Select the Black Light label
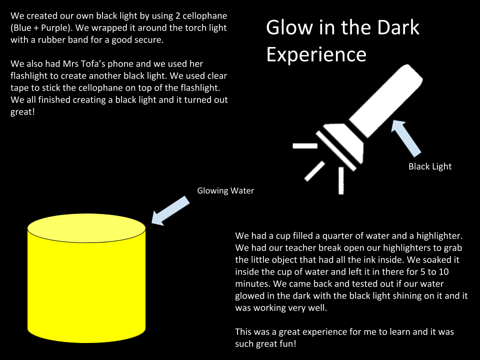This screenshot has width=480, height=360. (x=430, y=166)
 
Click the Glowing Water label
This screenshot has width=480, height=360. (x=225, y=190)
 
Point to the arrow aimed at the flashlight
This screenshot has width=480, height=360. (x=406, y=137)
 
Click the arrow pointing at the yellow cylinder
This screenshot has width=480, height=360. (x=170, y=211)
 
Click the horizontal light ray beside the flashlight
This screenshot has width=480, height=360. (x=305, y=145)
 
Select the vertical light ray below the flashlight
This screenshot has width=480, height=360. (x=341, y=180)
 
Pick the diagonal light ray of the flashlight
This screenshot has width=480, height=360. (x=314, y=171)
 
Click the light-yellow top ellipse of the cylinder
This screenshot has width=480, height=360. (x=86, y=228)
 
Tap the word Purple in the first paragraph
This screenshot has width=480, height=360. (x=54, y=28)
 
